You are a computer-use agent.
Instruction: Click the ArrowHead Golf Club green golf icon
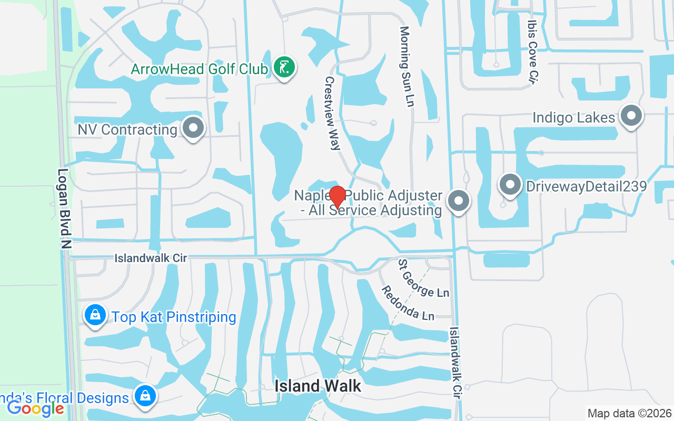284,68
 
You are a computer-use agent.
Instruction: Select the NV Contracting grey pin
193,128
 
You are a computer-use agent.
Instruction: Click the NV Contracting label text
127,129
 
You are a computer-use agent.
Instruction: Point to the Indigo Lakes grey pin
631,116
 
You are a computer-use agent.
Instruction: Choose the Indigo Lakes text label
573,117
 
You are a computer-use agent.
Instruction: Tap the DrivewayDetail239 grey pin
510,185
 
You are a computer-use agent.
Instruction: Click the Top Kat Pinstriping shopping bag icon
95,316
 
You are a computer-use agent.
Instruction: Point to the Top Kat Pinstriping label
174,317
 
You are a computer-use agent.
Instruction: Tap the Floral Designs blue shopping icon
144,396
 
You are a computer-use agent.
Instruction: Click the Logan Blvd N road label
65,209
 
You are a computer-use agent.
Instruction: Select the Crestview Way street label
332,114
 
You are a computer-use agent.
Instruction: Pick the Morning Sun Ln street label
406,67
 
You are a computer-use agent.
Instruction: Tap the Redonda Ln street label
408,303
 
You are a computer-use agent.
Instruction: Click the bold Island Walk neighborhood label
318,386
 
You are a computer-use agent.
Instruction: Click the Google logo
35,408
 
